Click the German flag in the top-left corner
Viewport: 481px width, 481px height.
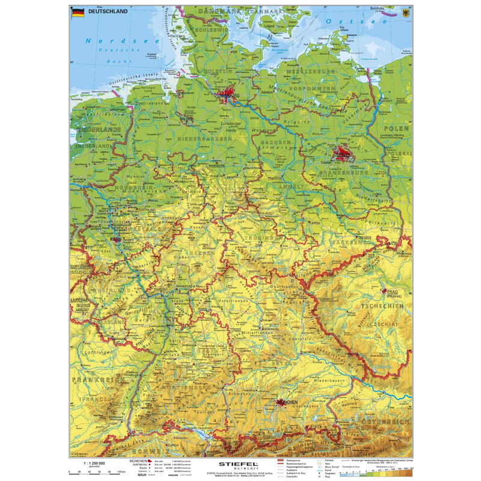coord(78,13)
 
